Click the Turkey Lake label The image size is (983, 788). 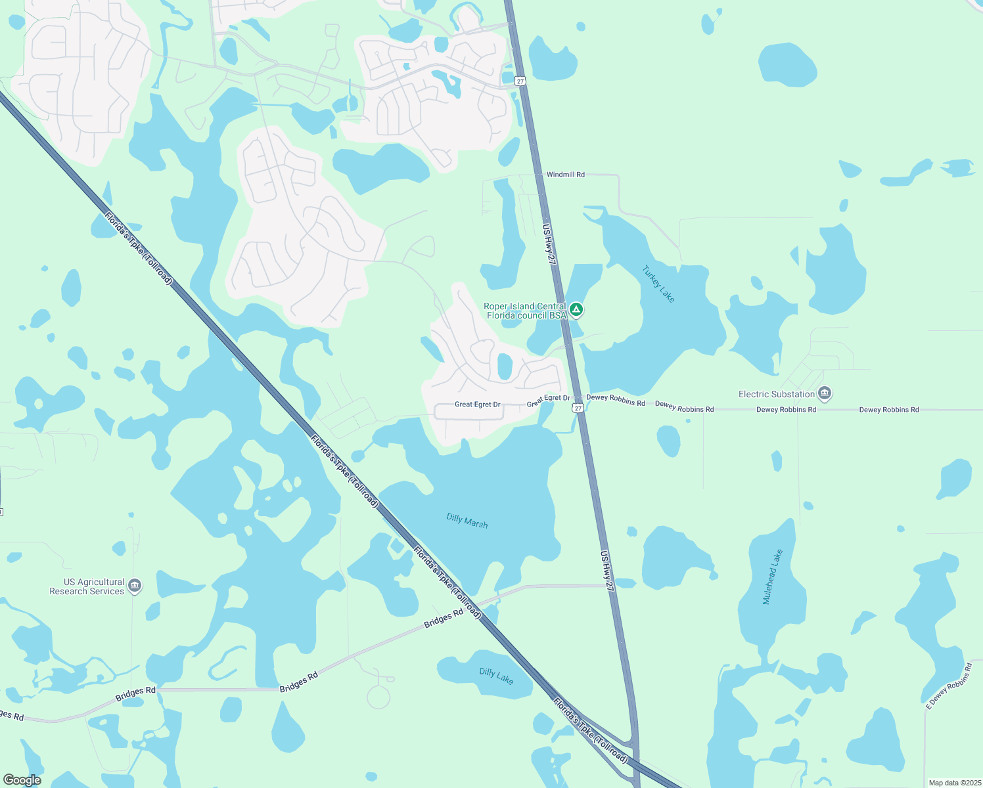[x=658, y=284]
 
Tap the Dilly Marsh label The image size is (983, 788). [x=467, y=521]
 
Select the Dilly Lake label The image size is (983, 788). [x=496, y=675]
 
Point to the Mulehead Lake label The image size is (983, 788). [x=773, y=577]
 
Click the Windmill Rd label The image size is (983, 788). [x=565, y=175]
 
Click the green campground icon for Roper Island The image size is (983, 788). [x=576, y=309]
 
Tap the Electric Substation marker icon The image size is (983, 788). [x=825, y=394]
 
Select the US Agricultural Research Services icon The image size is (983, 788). [x=135, y=586]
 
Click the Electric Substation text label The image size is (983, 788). [x=777, y=394]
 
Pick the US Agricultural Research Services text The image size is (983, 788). [x=87, y=586]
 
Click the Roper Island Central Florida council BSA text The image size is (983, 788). [x=525, y=311]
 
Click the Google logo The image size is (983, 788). [x=22, y=779]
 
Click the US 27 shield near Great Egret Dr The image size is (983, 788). [x=578, y=408]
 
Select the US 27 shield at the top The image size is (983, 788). [x=520, y=81]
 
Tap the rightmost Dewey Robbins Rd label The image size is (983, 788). [x=889, y=410]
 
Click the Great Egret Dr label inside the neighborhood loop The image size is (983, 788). [x=477, y=405]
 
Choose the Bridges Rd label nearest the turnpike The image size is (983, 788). [x=444, y=618]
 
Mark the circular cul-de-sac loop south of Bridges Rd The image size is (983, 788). [x=378, y=697]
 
